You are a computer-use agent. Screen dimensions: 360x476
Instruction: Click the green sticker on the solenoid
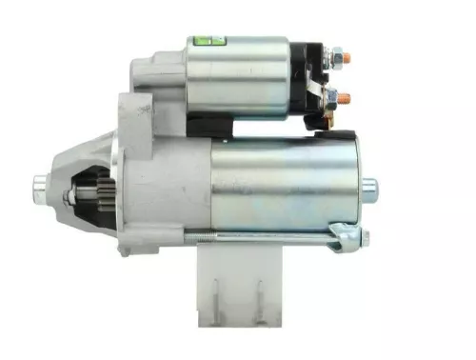tap(206, 41)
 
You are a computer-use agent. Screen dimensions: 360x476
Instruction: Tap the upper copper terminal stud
tap(346, 58)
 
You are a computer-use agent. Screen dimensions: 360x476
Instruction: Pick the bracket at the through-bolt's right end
tap(344, 236)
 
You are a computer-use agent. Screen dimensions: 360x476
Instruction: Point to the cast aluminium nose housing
tap(143, 181)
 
